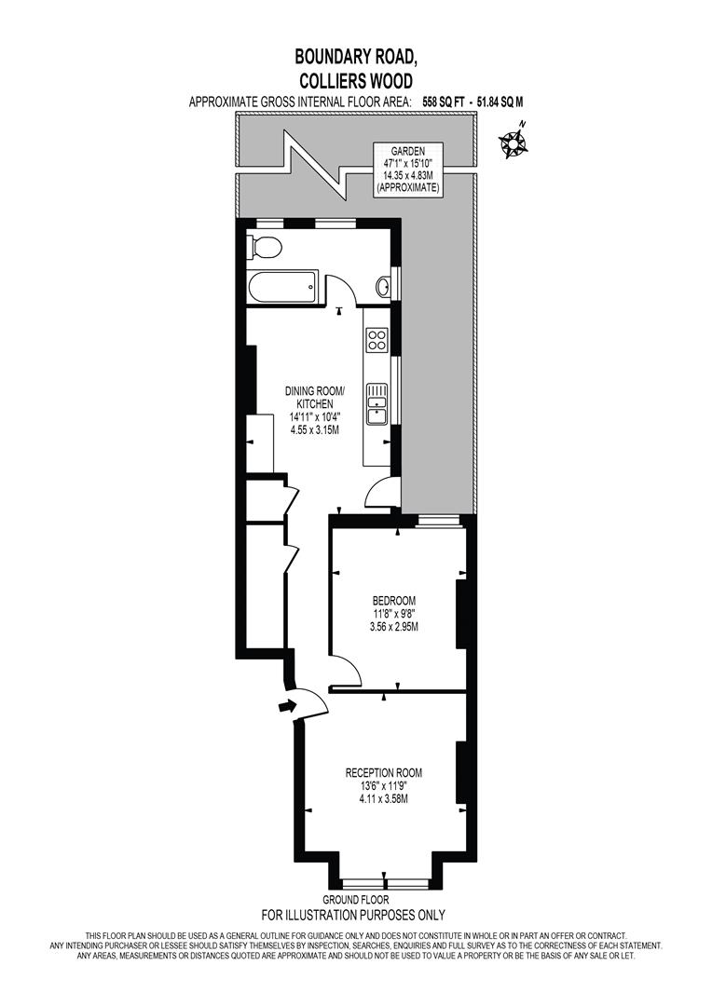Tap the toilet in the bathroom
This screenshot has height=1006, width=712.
(x=264, y=249)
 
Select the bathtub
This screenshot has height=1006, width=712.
(x=282, y=286)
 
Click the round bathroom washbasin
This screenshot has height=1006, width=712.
(x=384, y=285)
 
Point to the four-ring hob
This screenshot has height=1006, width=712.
(x=377, y=339)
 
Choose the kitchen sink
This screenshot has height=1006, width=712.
(x=377, y=403)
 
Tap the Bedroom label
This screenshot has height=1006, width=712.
(x=394, y=600)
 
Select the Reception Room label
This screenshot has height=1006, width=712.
(x=384, y=772)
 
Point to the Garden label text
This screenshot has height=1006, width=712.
(x=407, y=151)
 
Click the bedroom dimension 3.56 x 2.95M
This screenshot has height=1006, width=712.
(x=394, y=627)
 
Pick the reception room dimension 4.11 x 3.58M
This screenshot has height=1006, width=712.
(x=384, y=799)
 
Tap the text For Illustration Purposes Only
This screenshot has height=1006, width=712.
(x=353, y=915)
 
